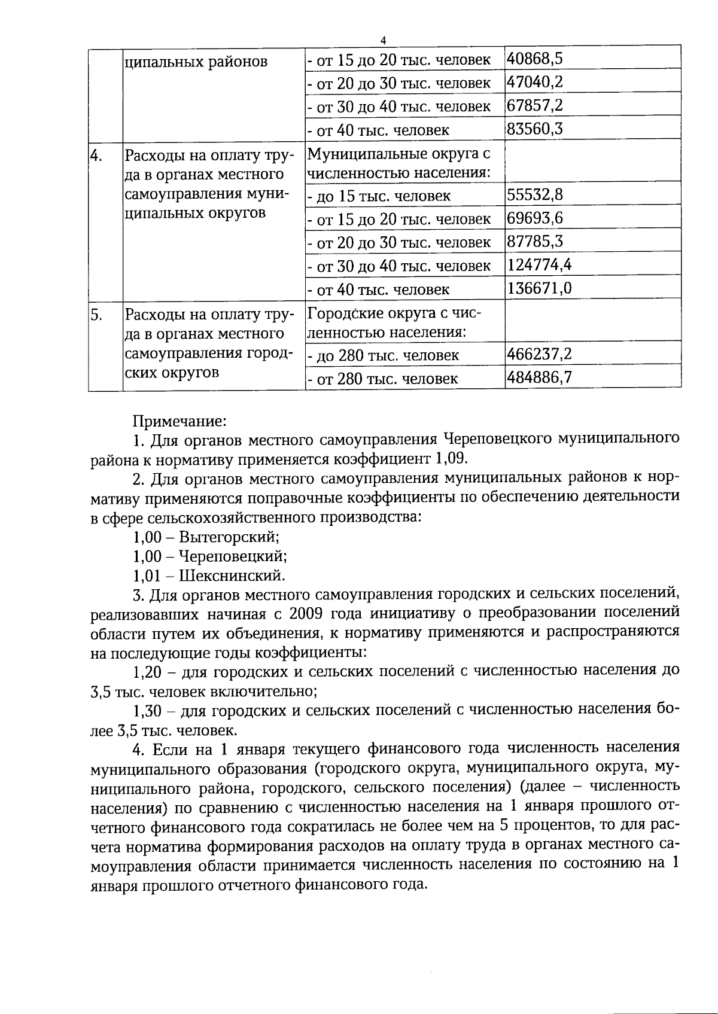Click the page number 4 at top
point(384,40)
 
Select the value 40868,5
point(535,59)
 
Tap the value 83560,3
point(535,129)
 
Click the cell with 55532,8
point(535,195)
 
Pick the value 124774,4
point(538,264)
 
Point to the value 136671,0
point(539,289)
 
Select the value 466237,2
point(539,354)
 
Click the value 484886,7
point(539,377)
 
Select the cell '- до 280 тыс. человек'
point(383,355)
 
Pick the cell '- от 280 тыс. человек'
point(383,379)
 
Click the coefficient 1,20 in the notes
point(147,671)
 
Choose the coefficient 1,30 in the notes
point(147,711)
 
